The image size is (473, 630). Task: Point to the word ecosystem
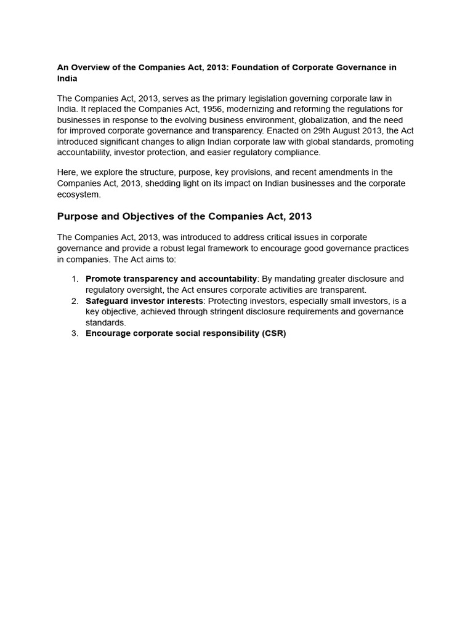(78, 194)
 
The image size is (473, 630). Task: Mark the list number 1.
(75, 279)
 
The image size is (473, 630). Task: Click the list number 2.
(75, 301)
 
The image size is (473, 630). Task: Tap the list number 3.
(75, 333)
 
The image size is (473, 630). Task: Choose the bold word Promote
(103, 279)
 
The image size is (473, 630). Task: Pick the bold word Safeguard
(107, 301)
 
